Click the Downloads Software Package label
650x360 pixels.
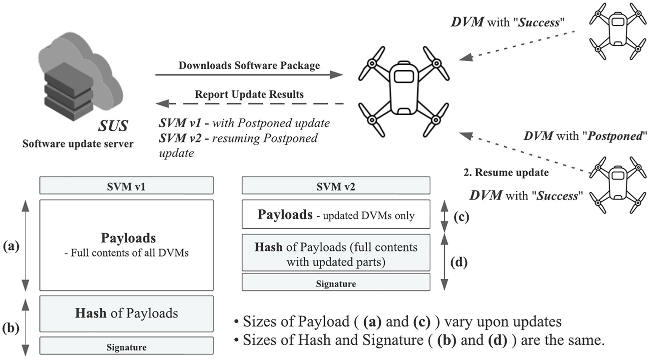tap(249, 65)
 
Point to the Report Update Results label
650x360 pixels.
tap(249, 94)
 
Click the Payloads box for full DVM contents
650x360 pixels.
tap(126, 245)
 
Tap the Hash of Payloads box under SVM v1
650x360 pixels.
tap(126, 313)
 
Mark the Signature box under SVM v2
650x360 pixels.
tap(336, 283)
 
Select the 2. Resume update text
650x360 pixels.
tap(506, 173)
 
